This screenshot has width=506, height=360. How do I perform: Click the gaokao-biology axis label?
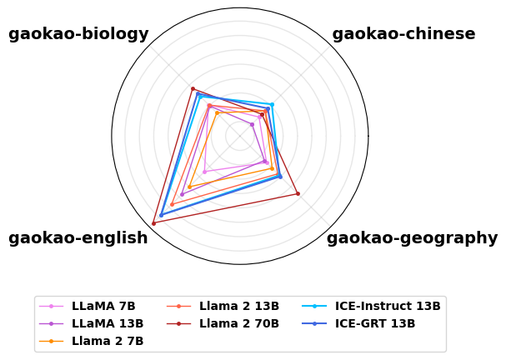tap(78, 34)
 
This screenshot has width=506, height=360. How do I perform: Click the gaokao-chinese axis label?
tap(403, 34)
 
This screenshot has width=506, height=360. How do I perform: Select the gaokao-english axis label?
tap(78, 238)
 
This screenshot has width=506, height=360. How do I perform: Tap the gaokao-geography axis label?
tap(412, 238)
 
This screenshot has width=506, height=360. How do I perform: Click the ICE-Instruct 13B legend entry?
tap(388, 306)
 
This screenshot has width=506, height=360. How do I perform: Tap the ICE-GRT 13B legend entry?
tap(375, 323)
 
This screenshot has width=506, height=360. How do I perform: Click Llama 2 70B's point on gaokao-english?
tap(153, 223)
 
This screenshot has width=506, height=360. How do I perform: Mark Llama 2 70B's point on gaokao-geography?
tap(298, 194)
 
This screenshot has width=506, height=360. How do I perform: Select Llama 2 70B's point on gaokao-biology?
tap(192, 88)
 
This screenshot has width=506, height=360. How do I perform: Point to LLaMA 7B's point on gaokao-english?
tap(204, 172)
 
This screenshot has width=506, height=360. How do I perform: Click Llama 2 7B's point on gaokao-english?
tap(190, 187)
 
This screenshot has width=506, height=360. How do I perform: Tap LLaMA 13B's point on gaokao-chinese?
tap(252, 124)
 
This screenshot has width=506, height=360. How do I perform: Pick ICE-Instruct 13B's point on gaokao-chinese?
tap(272, 104)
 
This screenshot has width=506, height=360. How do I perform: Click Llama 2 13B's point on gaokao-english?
tap(172, 204)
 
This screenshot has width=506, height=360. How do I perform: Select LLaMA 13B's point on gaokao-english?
tap(182, 194)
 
